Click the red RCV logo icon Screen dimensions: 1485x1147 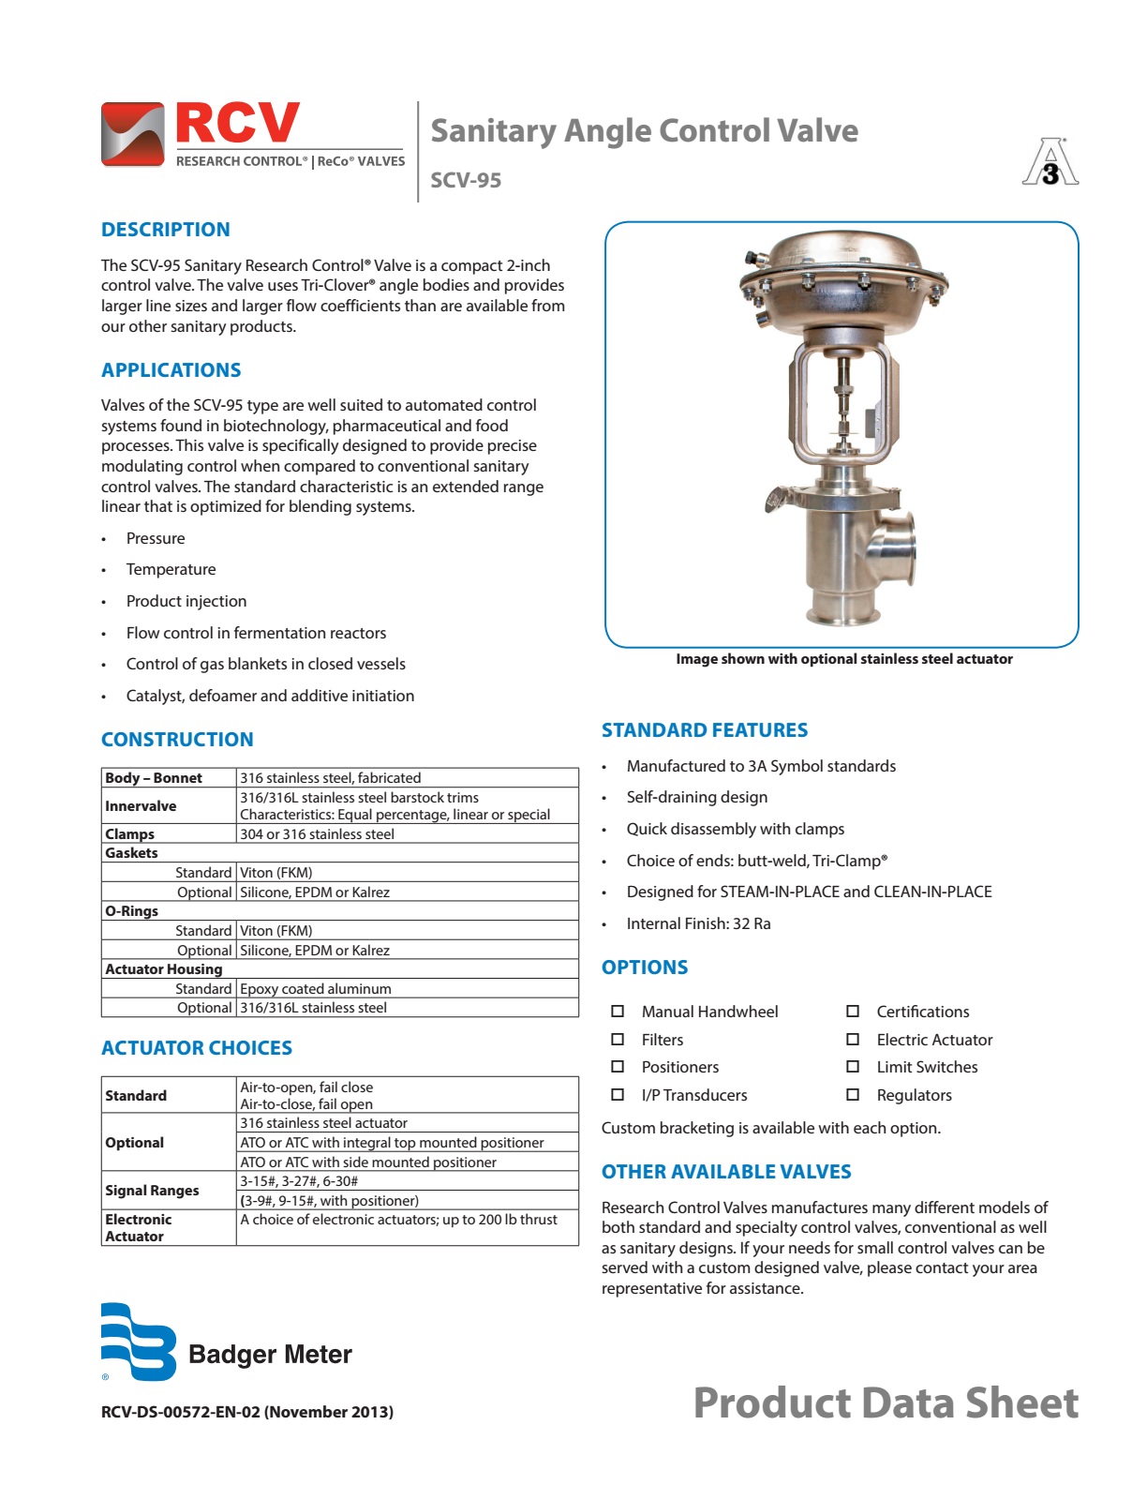pyautogui.click(x=132, y=135)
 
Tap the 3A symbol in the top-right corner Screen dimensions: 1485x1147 pyautogui.click(x=1050, y=163)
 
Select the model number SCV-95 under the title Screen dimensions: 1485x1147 pyautogui.click(x=466, y=180)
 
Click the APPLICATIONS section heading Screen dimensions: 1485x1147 pyautogui.click(x=171, y=370)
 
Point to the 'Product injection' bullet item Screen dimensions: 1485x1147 pyautogui.click(x=186, y=601)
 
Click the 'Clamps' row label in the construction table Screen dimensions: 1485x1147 pyautogui.click(x=130, y=834)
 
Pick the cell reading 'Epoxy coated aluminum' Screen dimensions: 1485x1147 pyautogui.click(x=316, y=989)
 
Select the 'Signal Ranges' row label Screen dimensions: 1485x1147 pyautogui.click(x=152, y=1191)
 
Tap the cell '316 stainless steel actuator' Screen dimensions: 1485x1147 pyautogui.click(x=324, y=1123)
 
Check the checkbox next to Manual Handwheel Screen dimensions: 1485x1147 pyautogui.click(x=618, y=1012)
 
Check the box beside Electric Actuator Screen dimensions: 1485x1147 pyautogui.click(x=853, y=1040)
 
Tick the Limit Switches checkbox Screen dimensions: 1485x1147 pyautogui.click(x=853, y=1067)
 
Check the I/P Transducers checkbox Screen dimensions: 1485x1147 pyautogui.click(x=618, y=1095)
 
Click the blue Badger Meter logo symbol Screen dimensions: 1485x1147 pyautogui.click(x=139, y=1342)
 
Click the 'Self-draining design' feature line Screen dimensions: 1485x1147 pyautogui.click(x=697, y=798)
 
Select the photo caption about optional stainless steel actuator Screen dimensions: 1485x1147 pyautogui.click(x=844, y=659)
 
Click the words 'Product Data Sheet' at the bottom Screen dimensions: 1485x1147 pyautogui.click(x=886, y=1403)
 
